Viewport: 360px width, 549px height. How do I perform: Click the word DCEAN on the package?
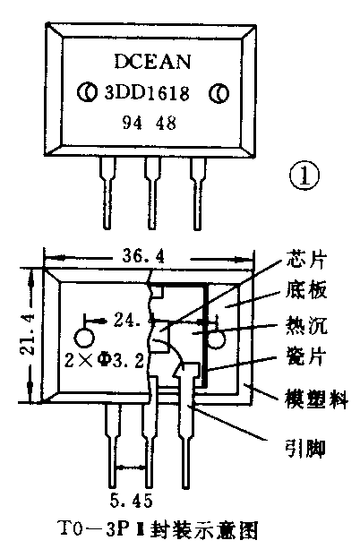click(x=150, y=62)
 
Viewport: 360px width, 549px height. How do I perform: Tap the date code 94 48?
click(x=150, y=122)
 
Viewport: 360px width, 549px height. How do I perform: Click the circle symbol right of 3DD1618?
click(x=216, y=92)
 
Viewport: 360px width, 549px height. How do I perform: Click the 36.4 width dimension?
click(x=143, y=256)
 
